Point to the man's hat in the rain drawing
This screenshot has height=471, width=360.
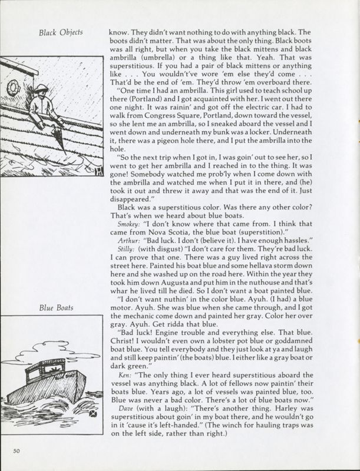41,89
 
